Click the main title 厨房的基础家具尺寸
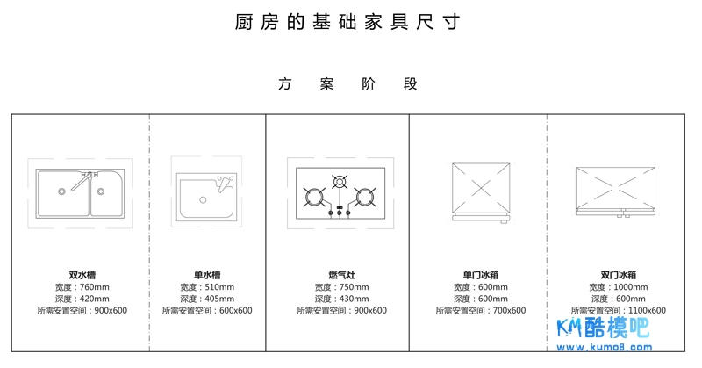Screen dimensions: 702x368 tap(347, 22)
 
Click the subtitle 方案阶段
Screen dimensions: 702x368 tap(347, 83)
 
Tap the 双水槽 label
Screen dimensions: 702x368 tap(82, 275)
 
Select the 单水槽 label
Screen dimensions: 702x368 tap(207, 275)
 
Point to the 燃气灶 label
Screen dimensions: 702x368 tap(341, 275)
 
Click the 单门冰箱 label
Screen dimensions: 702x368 tap(480, 275)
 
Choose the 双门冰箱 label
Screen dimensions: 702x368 tap(619, 275)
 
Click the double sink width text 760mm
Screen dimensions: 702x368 tap(95, 287)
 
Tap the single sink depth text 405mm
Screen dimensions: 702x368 tap(219, 299)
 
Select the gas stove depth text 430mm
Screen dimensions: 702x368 tap(355, 299)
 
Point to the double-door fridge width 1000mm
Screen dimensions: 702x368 tap(631, 287)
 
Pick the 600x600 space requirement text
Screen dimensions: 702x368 tap(236, 310)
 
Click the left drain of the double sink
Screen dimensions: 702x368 tap(61, 191)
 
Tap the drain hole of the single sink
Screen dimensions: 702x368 tap(203, 200)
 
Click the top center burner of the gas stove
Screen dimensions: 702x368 tap(340, 182)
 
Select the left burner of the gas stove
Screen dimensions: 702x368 tap(314, 197)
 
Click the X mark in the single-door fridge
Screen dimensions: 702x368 tap(481, 189)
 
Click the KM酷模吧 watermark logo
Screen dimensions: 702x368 tap(603, 328)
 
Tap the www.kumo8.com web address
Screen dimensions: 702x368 tap(604, 347)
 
